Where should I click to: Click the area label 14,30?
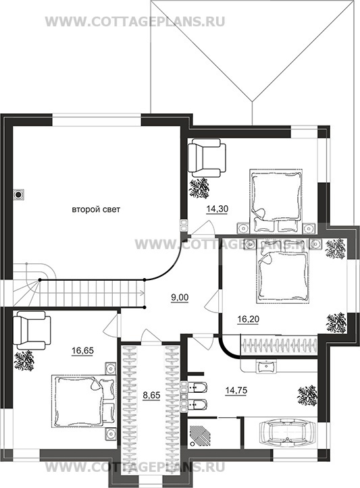217,209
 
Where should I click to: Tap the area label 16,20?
248,319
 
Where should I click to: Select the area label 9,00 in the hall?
180,298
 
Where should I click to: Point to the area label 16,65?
82,351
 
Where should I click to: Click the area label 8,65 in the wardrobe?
151,396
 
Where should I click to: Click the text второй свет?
96,209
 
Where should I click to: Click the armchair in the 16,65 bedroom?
31,330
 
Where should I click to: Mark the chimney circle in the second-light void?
19,195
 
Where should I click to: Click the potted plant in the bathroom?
307,396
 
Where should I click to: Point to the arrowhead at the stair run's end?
143,293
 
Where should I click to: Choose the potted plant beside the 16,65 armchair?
24,360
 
